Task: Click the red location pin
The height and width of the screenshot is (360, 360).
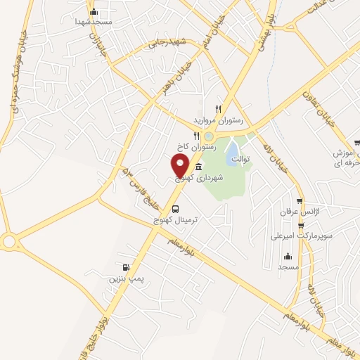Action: point(180,165)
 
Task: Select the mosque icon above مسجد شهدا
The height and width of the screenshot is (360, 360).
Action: point(94,11)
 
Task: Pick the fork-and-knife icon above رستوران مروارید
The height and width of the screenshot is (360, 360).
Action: point(219,110)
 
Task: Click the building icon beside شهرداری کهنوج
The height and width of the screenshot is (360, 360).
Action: point(198,167)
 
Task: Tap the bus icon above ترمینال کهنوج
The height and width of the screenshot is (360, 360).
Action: point(175,208)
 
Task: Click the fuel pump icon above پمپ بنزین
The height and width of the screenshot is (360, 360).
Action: point(126,267)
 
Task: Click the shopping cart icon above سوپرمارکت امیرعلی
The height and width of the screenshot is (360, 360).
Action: point(301,226)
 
